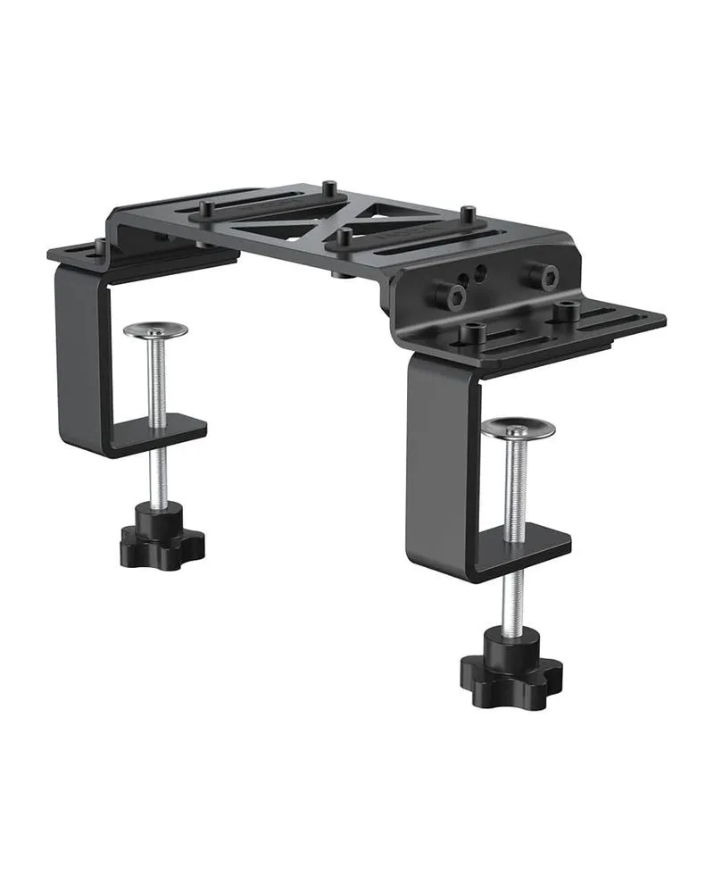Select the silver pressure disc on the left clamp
[155, 330]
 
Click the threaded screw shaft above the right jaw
[516, 487]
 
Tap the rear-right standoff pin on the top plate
[467, 215]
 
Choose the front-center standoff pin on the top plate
[344, 239]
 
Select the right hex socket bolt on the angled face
[541, 276]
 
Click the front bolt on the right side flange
[472, 332]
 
